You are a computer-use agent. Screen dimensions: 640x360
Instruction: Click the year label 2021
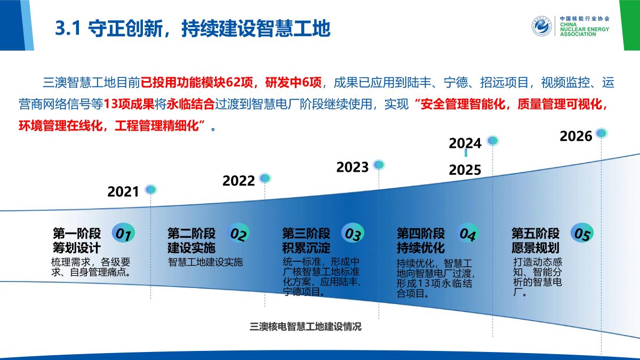[123, 191]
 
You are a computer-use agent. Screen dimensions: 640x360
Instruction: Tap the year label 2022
[238, 181]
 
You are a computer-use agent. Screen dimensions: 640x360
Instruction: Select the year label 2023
[353, 167]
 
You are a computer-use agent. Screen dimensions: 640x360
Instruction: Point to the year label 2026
[575, 137]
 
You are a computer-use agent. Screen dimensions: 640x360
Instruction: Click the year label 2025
[465, 170]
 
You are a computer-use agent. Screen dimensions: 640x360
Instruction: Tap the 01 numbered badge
[123, 234]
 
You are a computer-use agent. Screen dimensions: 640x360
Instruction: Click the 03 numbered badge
[353, 234]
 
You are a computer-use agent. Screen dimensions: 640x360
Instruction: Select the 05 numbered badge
[582, 234]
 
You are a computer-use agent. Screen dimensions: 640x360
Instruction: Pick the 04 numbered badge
[467, 234]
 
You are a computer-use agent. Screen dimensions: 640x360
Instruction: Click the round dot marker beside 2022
[265, 178]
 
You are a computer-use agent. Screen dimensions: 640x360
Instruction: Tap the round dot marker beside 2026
[601, 133]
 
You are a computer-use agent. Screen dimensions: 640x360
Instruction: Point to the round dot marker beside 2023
[379, 165]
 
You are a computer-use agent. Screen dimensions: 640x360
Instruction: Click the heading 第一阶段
[77, 234]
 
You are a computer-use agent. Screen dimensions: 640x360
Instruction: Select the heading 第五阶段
[535, 234]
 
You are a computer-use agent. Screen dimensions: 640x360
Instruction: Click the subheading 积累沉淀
[306, 247]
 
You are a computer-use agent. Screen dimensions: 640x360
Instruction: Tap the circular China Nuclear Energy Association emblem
[542, 26]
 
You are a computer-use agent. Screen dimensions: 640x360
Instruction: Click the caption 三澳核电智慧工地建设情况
[306, 326]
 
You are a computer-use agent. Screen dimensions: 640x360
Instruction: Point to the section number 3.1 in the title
[68, 28]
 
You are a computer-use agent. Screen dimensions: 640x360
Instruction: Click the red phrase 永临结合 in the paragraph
[190, 104]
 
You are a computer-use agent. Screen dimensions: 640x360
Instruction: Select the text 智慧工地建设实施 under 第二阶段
[205, 262]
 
